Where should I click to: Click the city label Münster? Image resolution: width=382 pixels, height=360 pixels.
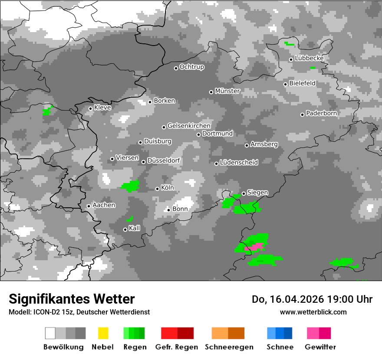227,91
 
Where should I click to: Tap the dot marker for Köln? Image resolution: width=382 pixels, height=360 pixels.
157,189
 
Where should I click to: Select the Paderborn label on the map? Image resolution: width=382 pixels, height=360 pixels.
321,114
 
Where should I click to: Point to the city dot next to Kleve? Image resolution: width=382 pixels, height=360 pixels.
90,108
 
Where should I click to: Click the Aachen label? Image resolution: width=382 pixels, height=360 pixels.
104,205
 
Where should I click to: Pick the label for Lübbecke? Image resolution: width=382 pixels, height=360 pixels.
309,59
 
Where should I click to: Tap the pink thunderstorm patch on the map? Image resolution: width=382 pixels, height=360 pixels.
257,246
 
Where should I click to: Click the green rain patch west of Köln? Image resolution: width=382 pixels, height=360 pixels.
130,187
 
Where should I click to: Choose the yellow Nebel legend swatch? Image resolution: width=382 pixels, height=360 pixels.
103,333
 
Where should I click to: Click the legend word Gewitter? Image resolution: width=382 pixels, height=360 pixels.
320,347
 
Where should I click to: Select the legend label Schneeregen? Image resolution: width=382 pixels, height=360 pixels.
228,347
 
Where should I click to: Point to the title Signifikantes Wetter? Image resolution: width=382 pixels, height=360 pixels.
72,299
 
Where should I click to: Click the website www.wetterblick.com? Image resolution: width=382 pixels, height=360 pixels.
313,312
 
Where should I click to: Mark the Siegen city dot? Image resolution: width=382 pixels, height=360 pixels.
244,193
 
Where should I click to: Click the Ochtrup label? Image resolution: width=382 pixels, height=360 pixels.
191,67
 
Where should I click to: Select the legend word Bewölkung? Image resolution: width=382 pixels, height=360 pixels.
63,347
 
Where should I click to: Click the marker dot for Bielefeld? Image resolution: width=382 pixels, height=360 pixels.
286,84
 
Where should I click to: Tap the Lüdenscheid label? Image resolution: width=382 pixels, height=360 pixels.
239,163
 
